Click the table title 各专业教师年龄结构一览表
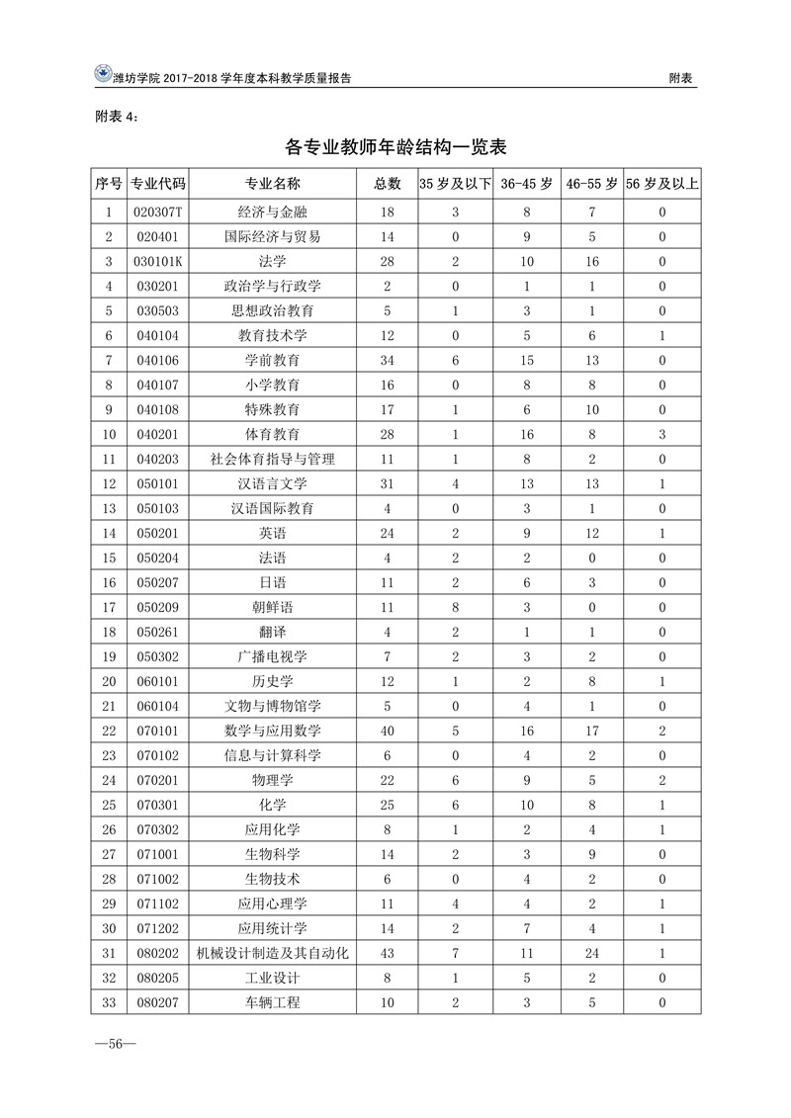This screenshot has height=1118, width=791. [x=395, y=148]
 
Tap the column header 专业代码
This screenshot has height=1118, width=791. [x=158, y=184]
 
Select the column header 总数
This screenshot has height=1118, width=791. [x=387, y=184]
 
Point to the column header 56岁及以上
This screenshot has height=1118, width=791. [x=662, y=184]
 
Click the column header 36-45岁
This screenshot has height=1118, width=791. [x=527, y=184]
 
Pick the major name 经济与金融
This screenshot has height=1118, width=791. [x=273, y=213]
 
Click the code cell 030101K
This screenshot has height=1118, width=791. [x=158, y=262]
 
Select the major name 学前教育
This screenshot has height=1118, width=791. [x=273, y=361]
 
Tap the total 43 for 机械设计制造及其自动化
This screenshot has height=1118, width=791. [x=387, y=953]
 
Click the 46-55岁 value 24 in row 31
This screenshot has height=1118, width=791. [x=592, y=953]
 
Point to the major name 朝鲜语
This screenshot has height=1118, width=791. [x=273, y=608]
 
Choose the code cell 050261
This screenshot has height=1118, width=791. [x=158, y=633]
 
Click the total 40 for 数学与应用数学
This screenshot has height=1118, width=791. [x=387, y=731]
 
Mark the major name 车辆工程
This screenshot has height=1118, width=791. [x=273, y=1002]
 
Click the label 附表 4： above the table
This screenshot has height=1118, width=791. [x=118, y=116]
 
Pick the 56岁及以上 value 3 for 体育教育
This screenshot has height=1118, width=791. [x=662, y=435]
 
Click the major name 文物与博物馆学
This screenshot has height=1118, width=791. [x=273, y=707]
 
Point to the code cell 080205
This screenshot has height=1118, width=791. [x=158, y=978]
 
